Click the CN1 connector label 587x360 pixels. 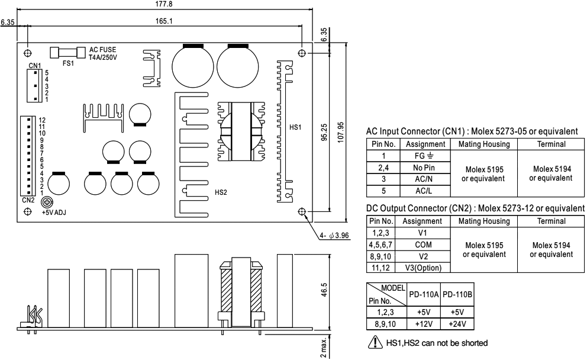(34, 65)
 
